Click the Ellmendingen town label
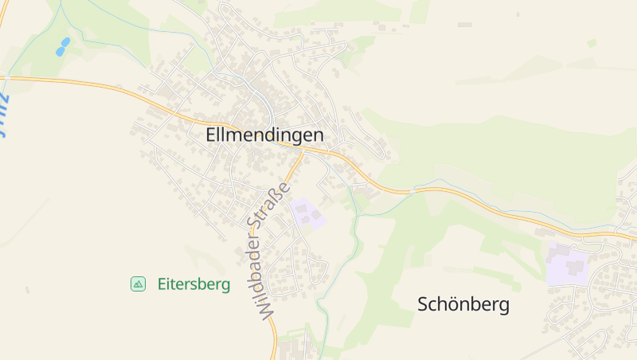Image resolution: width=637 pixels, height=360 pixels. (264, 135)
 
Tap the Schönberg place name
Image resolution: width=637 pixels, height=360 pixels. (463, 304)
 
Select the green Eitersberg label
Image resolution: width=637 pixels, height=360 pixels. (193, 284)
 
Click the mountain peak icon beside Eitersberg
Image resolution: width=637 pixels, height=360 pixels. (138, 284)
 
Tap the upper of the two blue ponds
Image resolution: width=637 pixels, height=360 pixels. (65, 42)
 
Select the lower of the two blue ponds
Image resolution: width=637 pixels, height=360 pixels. (60, 52)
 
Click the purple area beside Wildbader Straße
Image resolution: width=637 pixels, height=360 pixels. (308, 213)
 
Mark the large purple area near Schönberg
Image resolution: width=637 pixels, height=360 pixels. (568, 264)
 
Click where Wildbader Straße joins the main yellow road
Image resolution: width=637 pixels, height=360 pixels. (303, 151)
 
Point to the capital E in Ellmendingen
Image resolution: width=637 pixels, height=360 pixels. (211, 135)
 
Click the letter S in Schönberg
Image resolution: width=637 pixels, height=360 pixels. (424, 304)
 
